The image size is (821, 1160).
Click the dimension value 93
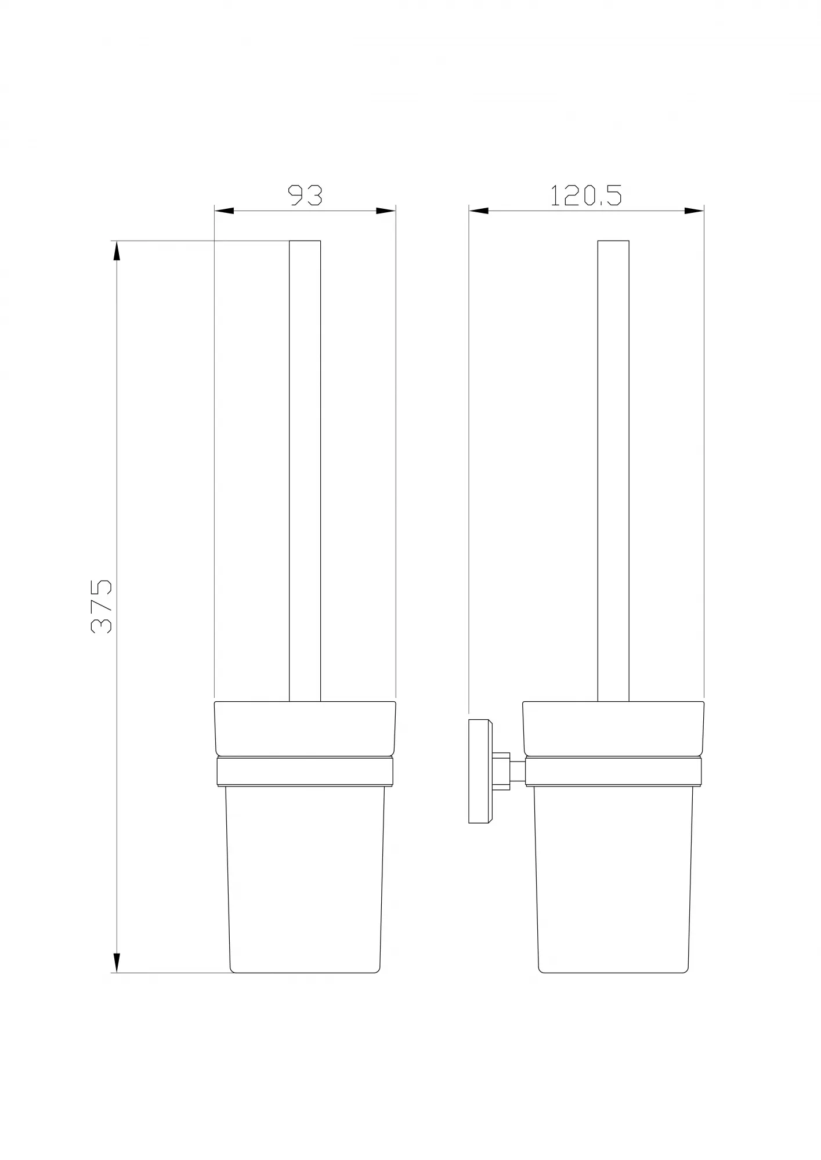(305, 195)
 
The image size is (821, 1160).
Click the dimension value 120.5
(586, 195)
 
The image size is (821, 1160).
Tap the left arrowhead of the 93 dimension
(224, 211)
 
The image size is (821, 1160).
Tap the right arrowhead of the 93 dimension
(386, 211)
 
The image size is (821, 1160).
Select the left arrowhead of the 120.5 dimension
(479, 211)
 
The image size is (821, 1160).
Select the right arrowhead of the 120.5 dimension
(694, 211)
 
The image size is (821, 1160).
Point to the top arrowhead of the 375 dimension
(117, 251)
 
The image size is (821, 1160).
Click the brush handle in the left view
(305, 471)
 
